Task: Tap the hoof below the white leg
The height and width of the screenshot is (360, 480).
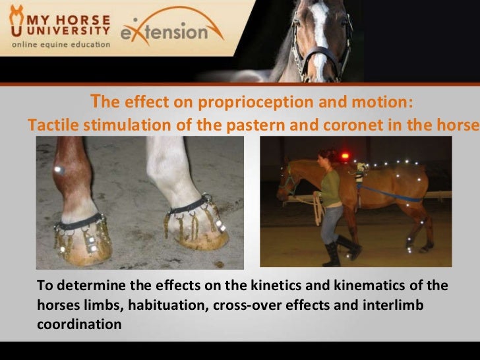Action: [198, 237]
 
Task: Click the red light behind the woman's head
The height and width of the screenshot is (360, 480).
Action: [344, 156]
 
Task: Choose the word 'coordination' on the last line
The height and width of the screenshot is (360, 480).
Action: [79, 324]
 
